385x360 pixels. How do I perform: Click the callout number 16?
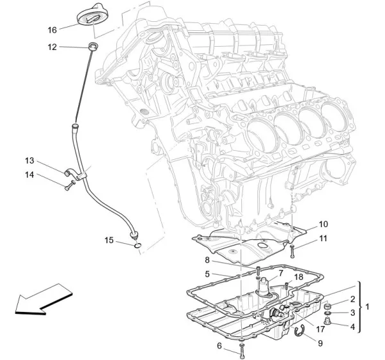pyautogui.click(x=53, y=30)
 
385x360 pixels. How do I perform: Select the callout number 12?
pyautogui.click(x=53, y=46)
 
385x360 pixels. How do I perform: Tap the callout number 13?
pyautogui.click(x=30, y=160)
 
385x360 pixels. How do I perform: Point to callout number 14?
pyautogui.click(x=30, y=175)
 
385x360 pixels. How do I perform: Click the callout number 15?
pyautogui.click(x=109, y=241)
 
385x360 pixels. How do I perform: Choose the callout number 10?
pyautogui.click(x=323, y=224)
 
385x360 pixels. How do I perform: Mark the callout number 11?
pyautogui.click(x=323, y=238)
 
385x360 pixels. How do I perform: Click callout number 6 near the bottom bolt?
pyautogui.click(x=220, y=346)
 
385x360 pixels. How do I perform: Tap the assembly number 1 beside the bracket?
pyautogui.click(x=368, y=307)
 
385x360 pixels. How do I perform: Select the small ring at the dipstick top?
pyautogui.click(x=93, y=46)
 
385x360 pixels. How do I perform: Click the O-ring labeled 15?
pyautogui.click(x=137, y=244)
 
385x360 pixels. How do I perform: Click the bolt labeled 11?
pyautogui.click(x=293, y=247)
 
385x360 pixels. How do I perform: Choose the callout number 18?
pyautogui.click(x=298, y=277)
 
